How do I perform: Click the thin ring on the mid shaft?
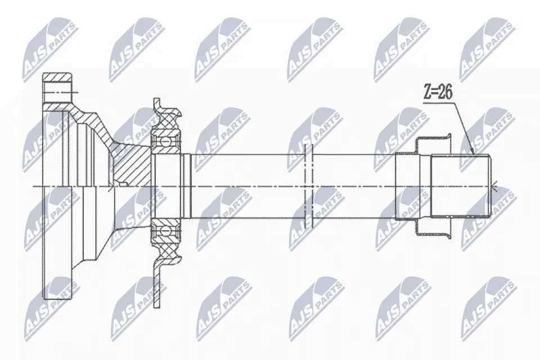point(307,186)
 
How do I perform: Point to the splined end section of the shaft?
point(460,186)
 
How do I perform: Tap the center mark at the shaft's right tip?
point(496,186)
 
